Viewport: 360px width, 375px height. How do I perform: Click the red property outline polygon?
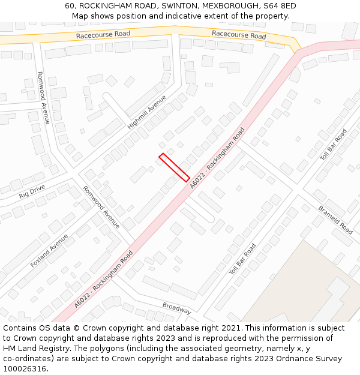tap(175, 167)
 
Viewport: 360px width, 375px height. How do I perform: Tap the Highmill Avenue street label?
tap(147, 112)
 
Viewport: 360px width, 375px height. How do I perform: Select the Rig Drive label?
tap(32, 192)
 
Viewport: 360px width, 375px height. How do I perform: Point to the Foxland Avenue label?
tap(49, 250)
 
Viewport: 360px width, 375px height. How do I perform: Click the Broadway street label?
tap(176, 308)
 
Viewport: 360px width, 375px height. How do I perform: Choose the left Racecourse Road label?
tap(103, 35)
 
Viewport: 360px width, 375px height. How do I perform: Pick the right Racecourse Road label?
tap(239, 35)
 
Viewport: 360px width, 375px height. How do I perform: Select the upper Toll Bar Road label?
tap(333, 145)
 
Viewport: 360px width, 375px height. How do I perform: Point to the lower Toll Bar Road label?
tap(242, 259)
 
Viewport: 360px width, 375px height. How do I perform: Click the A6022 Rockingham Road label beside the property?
tap(218, 158)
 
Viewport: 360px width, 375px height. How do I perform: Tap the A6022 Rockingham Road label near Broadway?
tap(103, 280)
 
